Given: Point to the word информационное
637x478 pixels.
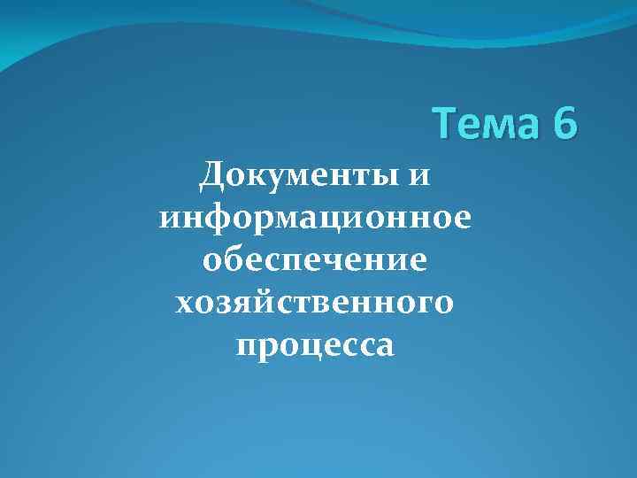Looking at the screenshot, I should point(315,218).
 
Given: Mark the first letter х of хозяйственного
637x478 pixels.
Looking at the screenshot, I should point(185,304).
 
